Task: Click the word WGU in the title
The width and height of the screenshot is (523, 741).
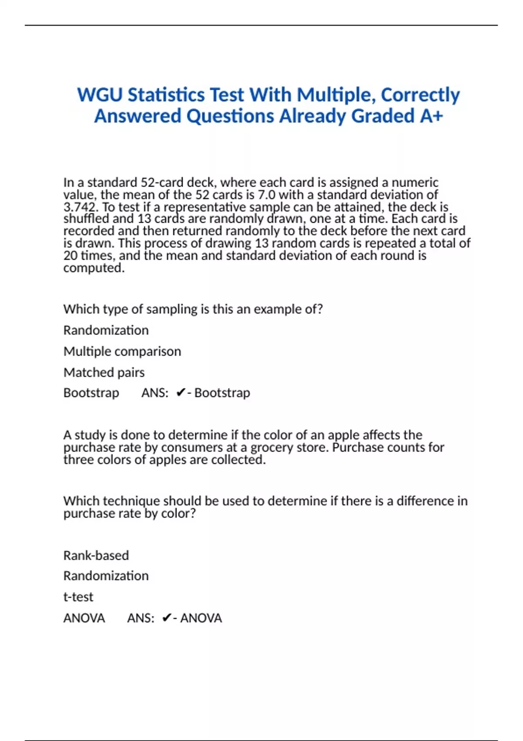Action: [x=99, y=95]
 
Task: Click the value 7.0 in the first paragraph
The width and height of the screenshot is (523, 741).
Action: [x=265, y=194]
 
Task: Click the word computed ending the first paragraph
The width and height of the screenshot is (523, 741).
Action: [x=94, y=268]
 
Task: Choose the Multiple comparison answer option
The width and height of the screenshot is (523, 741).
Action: [x=122, y=351]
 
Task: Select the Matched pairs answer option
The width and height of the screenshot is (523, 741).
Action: [x=104, y=372]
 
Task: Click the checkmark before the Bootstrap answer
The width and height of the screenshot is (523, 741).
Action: [x=180, y=393]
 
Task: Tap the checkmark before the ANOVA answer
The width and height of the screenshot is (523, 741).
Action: [x=166, y=618]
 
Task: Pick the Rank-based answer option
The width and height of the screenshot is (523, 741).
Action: [x=96, y=555]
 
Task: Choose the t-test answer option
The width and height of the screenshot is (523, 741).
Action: [x=78, y=597]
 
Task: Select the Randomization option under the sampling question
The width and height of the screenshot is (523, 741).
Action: [x=106, y=330]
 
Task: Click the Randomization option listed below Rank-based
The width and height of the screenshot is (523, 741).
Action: [x=106, y=576]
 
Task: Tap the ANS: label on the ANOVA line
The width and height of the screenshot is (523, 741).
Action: [x=140, y=618]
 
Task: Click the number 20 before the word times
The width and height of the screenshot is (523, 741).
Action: [x=70, y=255]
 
